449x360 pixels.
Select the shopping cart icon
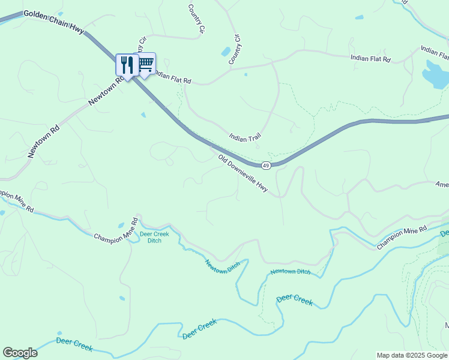click(x=145, y=63)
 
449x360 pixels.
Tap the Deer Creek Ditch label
click(x=154, y=238)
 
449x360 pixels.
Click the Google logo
click(x=20, y=353)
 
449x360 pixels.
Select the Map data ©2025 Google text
click(x=411, y=355)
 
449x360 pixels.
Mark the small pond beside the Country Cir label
click(x=226, y=52)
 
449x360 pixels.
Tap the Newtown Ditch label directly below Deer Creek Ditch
click(x=222, y=264)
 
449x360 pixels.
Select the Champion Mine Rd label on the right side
click(x=402, y=238)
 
